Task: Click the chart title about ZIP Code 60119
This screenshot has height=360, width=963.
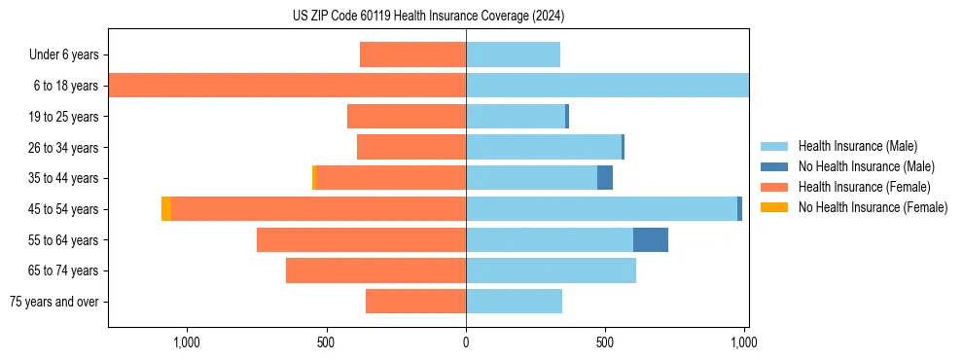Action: (428, 17)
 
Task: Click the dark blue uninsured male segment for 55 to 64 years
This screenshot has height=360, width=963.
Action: (650, 239)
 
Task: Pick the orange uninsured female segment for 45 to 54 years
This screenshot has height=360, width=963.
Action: (166, 209)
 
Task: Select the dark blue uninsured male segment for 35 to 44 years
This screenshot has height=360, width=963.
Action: (605, 178)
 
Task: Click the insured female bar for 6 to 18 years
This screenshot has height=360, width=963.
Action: (287, 86)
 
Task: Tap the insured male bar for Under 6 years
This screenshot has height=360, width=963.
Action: (513, 54)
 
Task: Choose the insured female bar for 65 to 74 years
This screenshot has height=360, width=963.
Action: (375, 270)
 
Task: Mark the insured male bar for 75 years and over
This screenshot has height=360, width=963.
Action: (514, 302)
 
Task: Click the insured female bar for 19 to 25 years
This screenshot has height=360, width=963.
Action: (407, 117)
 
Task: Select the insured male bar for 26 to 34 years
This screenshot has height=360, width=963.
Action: (544, 147)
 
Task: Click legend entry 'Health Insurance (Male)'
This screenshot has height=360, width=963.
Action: (857, 146)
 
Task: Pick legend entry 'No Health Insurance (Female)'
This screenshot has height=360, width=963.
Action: (872, 207)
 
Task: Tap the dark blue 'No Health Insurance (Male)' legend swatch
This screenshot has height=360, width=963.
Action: (774, 166)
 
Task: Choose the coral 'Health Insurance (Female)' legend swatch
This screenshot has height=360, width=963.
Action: (774, 187)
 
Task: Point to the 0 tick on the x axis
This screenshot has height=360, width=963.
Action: (466, 342)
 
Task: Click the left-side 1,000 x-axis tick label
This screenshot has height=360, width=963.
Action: (186, 342)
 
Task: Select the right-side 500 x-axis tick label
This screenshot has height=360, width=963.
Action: (605, 342)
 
